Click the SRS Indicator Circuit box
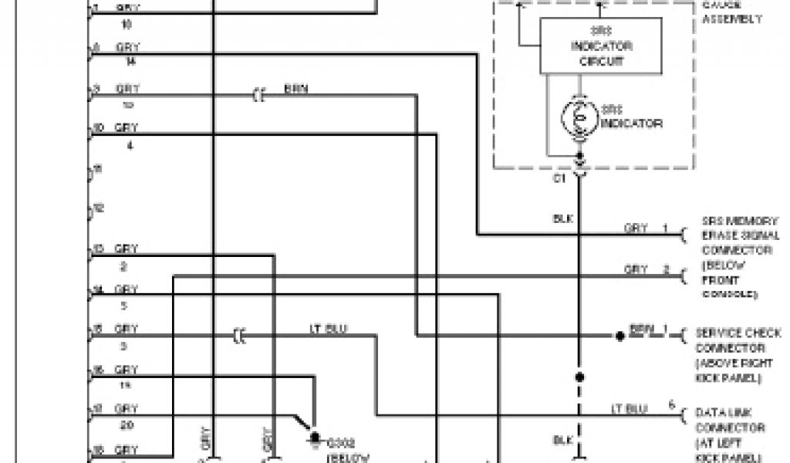tap(600, 46)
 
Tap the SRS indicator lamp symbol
tap(578, 117)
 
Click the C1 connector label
tap(559, 180)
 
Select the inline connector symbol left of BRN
tap(258, 96)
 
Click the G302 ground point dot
tap(314, 438)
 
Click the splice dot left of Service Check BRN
tap(619, 336)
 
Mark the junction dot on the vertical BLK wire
tap(579, 377)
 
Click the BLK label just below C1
tap(562, 219)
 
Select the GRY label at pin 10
tap(127, 127)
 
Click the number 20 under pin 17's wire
tap(128, 423)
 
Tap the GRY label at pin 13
tap(127, 249)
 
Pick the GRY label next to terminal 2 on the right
tap(635, 269)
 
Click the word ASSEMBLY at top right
tap(732, 20)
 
